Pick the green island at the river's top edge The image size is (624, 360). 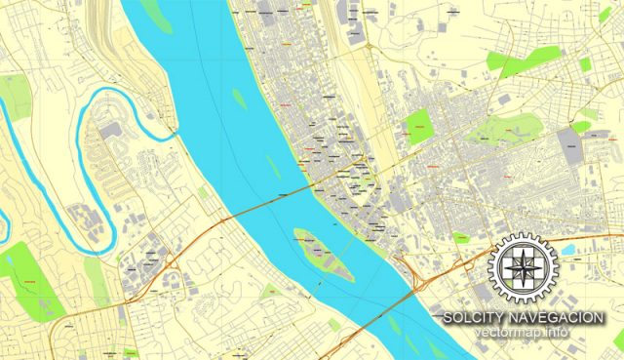tap(157, 13)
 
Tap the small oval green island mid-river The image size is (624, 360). tap(240, 98)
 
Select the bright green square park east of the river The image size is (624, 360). tap(419, 127)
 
